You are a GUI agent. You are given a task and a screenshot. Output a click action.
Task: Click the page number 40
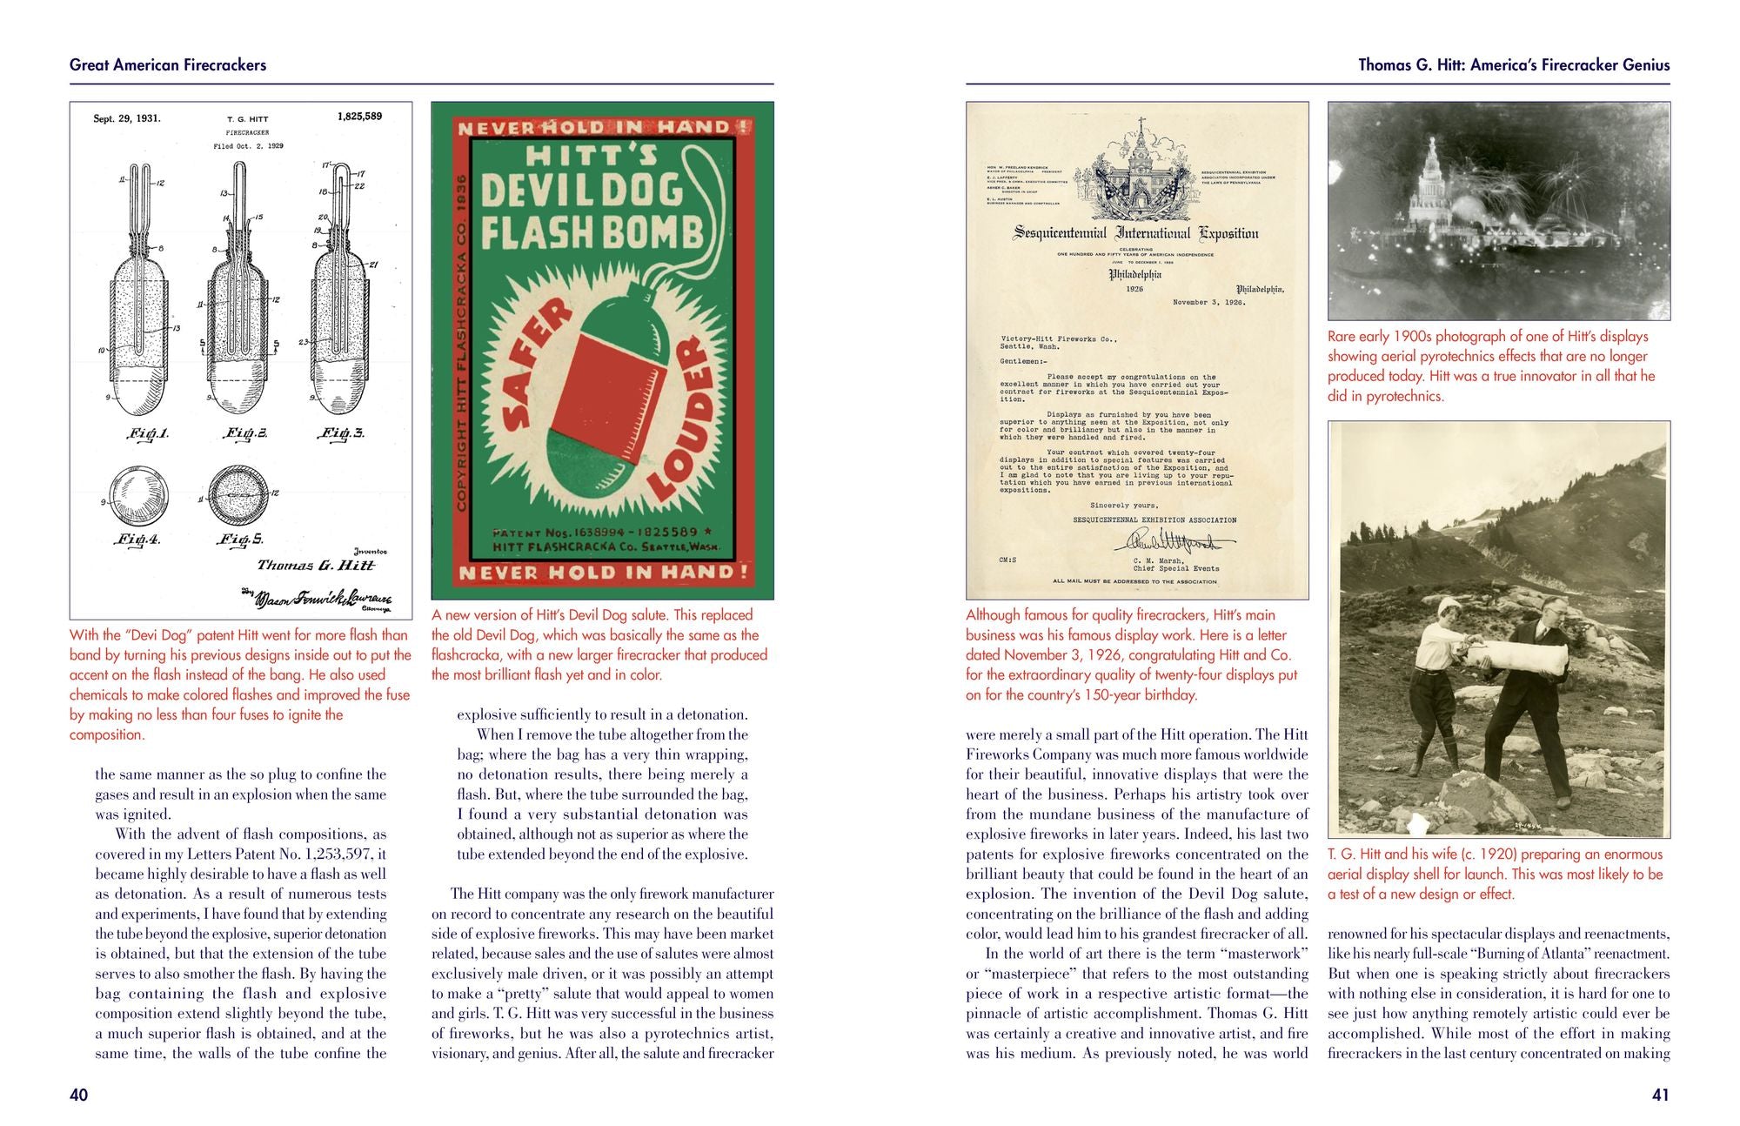pyautogui.click(x=78, y=1095)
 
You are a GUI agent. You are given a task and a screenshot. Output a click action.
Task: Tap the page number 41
pyautogui.click(x=1660, y=1095)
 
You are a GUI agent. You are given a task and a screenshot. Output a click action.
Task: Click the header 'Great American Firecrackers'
pyautogui.click(x=168, y=64)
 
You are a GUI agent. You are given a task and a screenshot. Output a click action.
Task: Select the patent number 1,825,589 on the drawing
pyautogui.click(x=359, y=116)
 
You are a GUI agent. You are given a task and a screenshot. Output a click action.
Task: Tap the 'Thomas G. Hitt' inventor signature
pyautogui.click(x=317, y=565)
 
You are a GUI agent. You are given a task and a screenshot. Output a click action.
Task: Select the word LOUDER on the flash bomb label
pyautogui.click(x=683, y=422)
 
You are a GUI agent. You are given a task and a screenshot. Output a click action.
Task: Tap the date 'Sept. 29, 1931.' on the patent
pyautogui.click(x=127, y=118)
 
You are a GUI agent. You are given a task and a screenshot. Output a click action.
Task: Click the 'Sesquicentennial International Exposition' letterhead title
pyautogui.click(x=1136, y=233)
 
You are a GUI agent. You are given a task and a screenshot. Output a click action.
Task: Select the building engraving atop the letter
pyautogui.click(x=1137, y=178)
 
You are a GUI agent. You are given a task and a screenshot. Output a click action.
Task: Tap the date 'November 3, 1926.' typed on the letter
pyautogui.click(x=1208, y=303)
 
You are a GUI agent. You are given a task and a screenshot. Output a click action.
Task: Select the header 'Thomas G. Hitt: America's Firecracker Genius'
pyautogui.click(x=1514, y=64)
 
